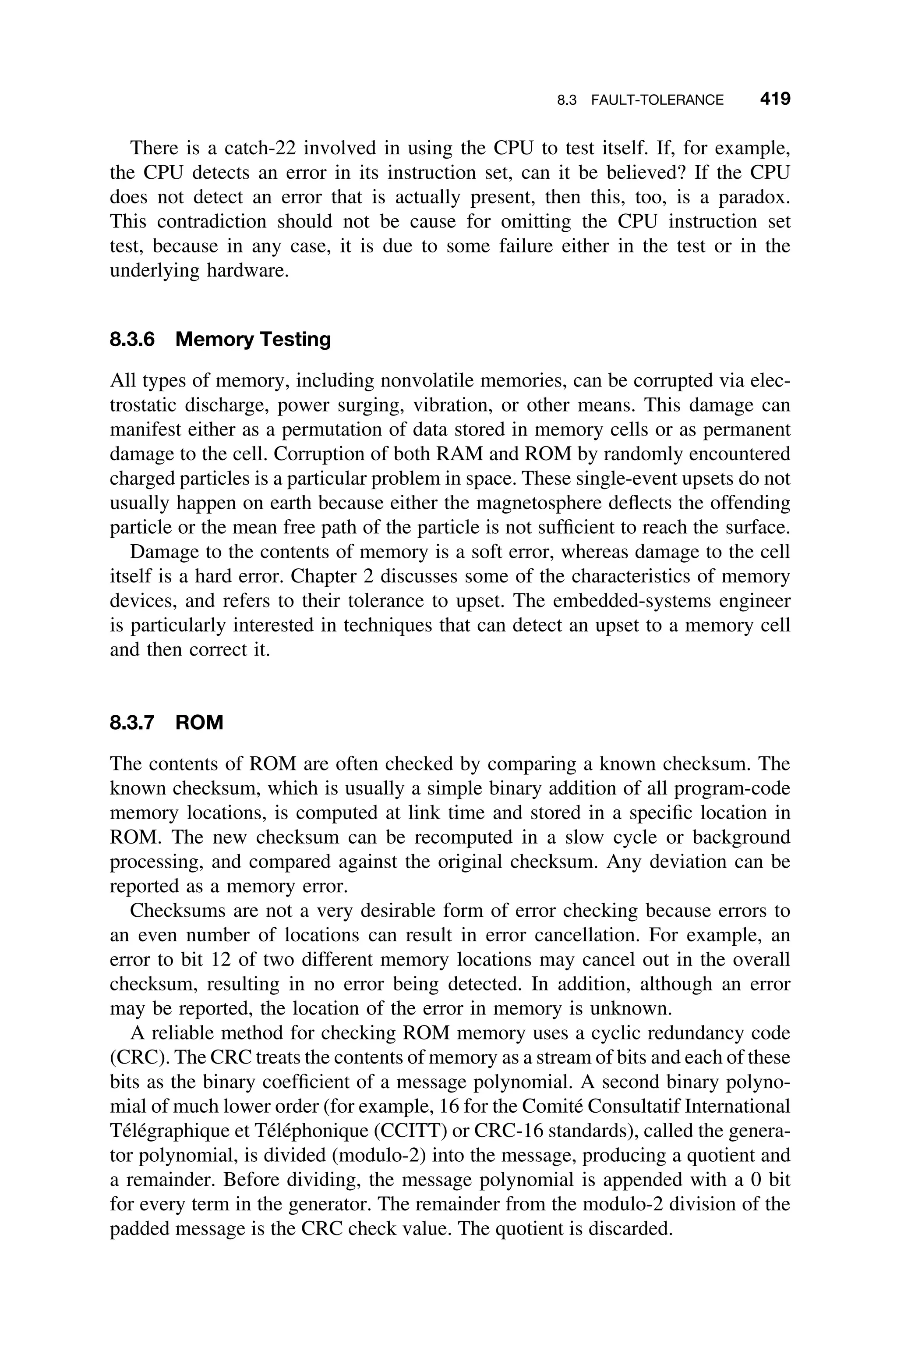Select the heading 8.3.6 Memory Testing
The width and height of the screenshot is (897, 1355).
pos(220,339)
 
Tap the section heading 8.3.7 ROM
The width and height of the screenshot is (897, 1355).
pos(166,723)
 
